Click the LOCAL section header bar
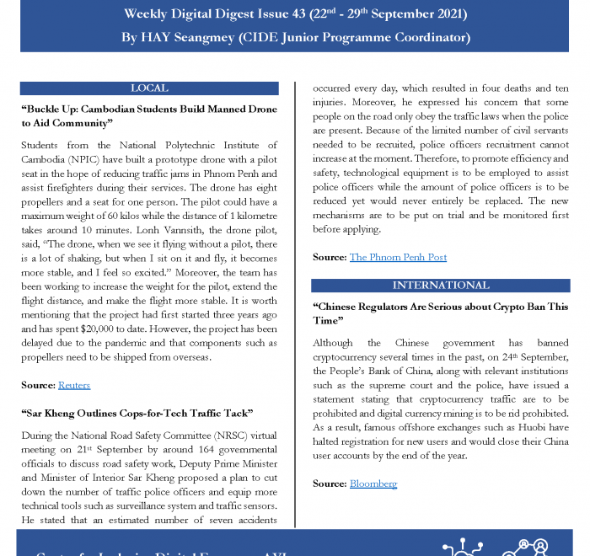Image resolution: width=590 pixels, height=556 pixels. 149,88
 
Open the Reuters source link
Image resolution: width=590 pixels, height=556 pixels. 74,385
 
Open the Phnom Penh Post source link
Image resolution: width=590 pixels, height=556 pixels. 398,257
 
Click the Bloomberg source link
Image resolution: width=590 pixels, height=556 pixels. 373,484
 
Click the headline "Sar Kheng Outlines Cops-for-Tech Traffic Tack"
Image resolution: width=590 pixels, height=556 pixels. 137,413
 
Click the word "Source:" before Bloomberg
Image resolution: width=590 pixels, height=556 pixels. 329,484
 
